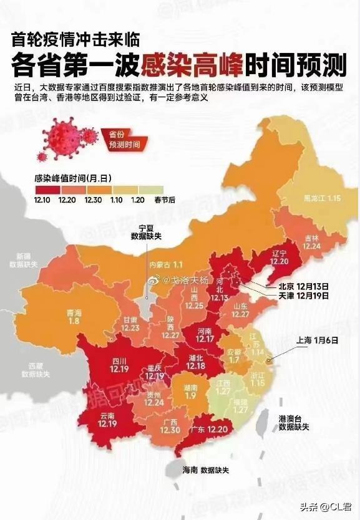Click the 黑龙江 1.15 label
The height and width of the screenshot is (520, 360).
[x=321, y=198]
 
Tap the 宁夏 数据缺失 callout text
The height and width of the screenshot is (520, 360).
[x=145, y=233]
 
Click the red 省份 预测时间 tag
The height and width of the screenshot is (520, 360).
[x=125, y=139]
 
